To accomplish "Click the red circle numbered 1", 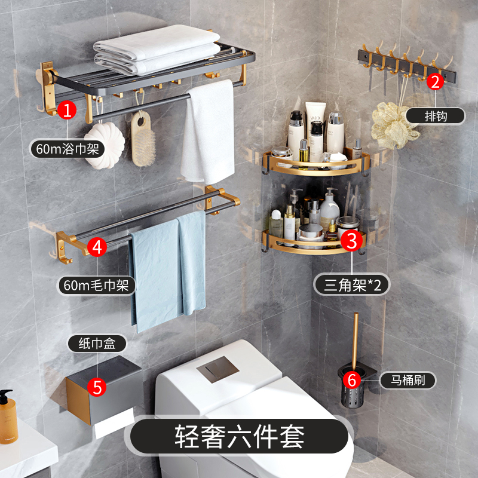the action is click(67, 110).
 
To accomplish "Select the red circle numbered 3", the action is click(351, 241).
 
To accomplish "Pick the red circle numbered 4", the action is click(97, 247).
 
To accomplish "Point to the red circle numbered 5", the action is click(97, 387).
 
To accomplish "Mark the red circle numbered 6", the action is click(352, 380).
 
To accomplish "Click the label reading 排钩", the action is click(436, 116).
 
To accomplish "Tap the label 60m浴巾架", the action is click(68, 149).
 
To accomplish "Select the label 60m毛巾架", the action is click(96, 286).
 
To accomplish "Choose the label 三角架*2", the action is click(352, 285).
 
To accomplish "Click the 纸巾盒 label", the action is click(97, 343).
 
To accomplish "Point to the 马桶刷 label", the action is click(408, 380).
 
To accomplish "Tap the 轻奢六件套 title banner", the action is click(240, 437).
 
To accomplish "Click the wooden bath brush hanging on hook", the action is click(143, 139).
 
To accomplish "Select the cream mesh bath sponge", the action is click(393, 125).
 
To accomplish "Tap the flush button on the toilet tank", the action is click(217, 369).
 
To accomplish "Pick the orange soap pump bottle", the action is click(8, 417).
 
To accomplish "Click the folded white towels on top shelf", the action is click(157, 50).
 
